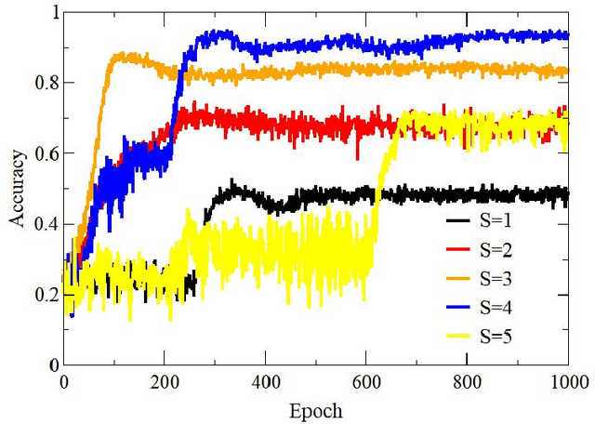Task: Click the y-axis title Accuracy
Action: pyautogui.click(x=19, y=190)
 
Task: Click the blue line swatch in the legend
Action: pyautogui.click(x=458, y=305)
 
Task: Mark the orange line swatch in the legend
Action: pyautogui.click(x=458, y=277)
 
